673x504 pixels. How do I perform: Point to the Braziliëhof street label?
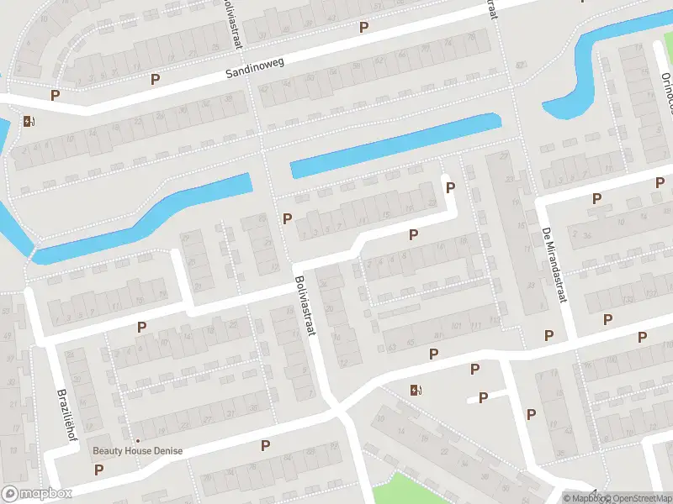point(64,407)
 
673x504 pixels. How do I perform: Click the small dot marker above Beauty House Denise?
point(138,439)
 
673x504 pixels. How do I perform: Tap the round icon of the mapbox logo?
point(11,494)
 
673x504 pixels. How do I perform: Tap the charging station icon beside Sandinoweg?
point(29,121)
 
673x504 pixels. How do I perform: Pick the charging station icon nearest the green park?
point(415,390)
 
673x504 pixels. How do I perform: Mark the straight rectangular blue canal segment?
point(395,144)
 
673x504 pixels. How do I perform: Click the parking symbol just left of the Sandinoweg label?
point(155,80)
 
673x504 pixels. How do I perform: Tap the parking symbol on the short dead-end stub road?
point(484,397)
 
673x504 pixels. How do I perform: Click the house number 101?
point(455,326)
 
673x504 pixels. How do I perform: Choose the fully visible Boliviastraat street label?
point(304,307)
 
